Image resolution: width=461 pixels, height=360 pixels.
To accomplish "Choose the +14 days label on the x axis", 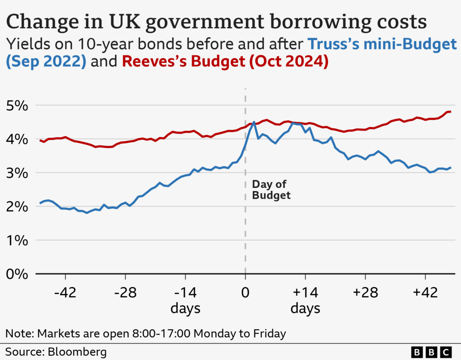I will (305, 300).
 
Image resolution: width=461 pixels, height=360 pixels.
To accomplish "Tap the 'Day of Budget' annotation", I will (270, 190).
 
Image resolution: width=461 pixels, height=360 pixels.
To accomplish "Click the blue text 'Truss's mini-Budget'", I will (383, 44).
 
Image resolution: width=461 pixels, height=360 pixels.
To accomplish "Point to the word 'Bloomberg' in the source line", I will (77, 351).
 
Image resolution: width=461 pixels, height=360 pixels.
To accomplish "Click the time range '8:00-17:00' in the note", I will (159, 334).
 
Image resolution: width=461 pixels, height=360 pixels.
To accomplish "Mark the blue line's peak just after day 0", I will (254, 122).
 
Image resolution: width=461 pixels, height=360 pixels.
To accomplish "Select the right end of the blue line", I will (451, 167).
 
